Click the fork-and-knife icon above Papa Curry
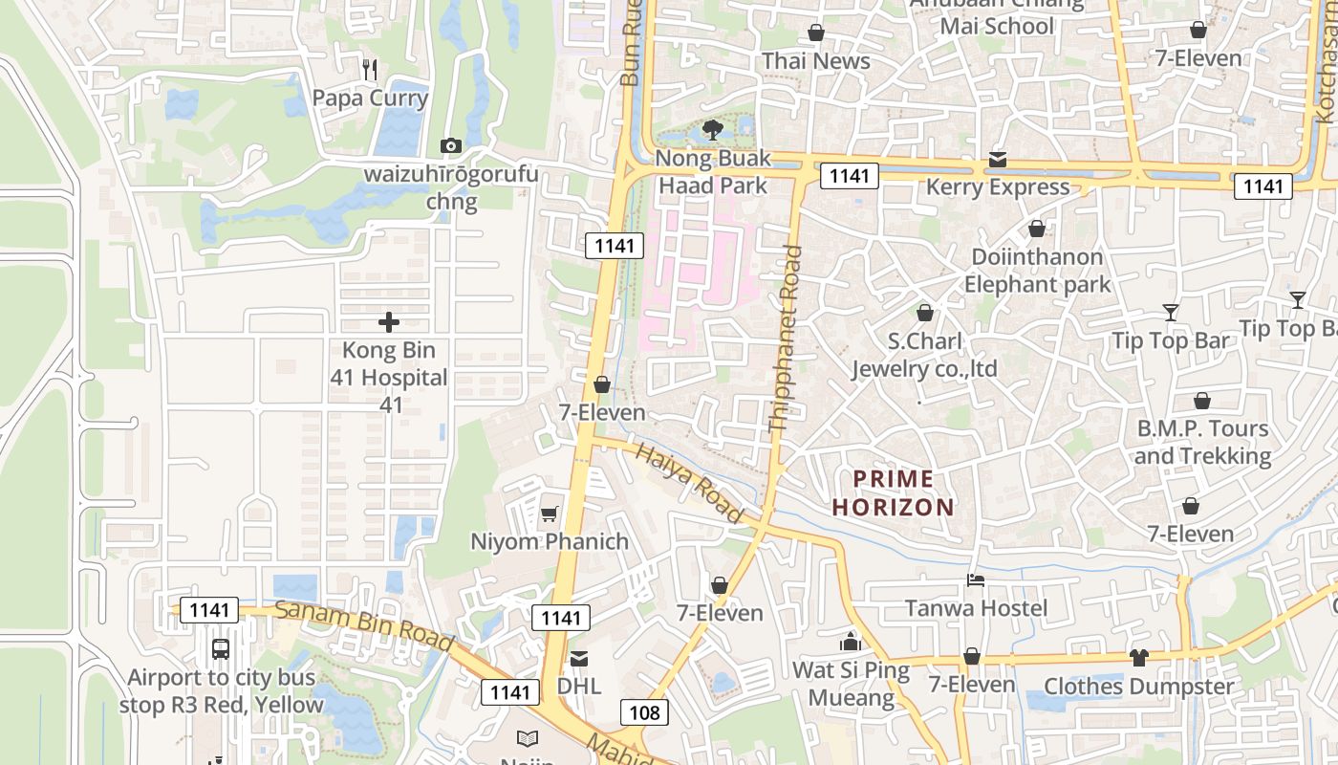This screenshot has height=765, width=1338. [371, 69]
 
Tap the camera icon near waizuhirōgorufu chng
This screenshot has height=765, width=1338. [450, 145]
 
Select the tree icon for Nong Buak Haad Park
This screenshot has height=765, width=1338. [712, 130]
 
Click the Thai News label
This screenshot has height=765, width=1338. [815, 61]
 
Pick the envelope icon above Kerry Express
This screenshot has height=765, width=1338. [998, 160]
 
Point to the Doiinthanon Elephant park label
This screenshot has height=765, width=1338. [1037, 271]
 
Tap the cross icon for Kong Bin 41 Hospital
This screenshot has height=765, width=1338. [388, 322]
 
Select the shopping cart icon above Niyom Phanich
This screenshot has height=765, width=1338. [549, 514]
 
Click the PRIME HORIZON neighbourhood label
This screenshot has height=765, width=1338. [893, 492]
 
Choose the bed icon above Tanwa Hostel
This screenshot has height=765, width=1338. [976, 579]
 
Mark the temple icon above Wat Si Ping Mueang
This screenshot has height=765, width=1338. [850, 642]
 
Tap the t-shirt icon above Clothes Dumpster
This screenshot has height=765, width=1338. [1138, 657]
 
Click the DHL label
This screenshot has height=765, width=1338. [579, 686]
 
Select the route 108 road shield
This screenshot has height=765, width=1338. [644, 711]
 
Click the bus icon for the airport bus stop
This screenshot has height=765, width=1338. [221, 648]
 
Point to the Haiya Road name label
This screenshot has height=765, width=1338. [689, 483]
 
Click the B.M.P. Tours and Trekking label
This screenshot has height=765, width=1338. [1202, 442]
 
